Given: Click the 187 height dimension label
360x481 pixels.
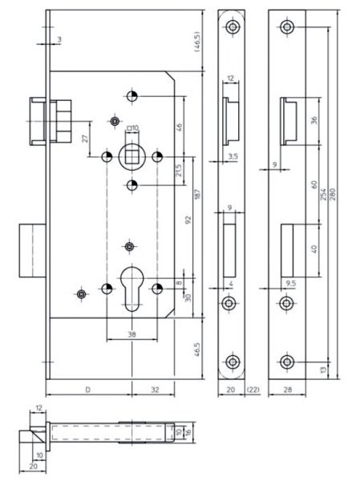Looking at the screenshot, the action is coord(197,195).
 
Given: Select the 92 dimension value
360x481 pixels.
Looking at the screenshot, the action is coord(188,220).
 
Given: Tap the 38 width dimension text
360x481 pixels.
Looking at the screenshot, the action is coord(131,334).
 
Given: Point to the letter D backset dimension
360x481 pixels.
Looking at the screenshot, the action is coord(87,390).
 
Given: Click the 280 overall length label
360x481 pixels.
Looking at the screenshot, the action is coord(333,194).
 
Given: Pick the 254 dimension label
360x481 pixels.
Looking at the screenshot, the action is coord(323,194).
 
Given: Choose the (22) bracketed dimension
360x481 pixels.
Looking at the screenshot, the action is coord(253,390).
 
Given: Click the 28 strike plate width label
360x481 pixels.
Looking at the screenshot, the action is coord(287,390).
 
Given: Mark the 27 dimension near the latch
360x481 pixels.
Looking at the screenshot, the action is coord(86,138).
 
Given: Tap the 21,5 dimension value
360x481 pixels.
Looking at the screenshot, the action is coord(178,170).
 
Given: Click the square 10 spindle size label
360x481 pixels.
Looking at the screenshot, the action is coord(132,127).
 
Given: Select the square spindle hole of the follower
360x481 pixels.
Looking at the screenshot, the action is coord(132,157).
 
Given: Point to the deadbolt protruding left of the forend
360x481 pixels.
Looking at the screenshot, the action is coord(33,251).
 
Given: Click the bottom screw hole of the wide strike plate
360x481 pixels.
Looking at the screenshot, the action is coord(287,362).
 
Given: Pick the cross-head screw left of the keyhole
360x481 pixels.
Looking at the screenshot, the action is coord(81,294).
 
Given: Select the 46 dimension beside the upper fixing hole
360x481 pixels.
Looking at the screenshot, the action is coord(179,126).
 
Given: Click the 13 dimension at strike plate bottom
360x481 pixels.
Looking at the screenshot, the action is coord(323,370).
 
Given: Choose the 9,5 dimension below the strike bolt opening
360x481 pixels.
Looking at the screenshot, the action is coord(290,284).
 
